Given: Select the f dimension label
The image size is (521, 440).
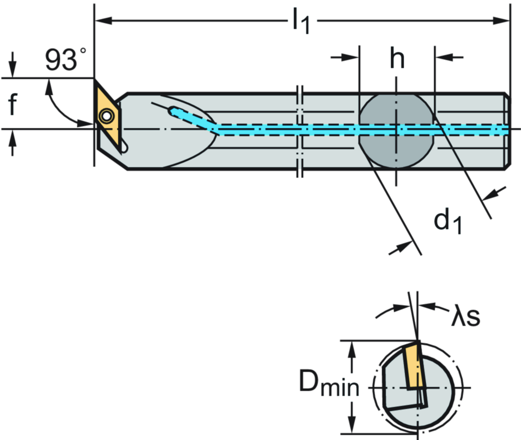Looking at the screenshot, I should click(x=13, y=104).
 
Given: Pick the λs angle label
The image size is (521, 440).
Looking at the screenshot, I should click(x=465, y=317).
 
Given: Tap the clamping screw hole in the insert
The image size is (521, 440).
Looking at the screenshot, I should click(x=106, y=116).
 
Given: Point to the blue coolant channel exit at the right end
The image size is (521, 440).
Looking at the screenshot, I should click(x=504, y=130).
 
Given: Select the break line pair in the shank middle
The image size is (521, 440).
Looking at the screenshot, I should click(x=300, y=130).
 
